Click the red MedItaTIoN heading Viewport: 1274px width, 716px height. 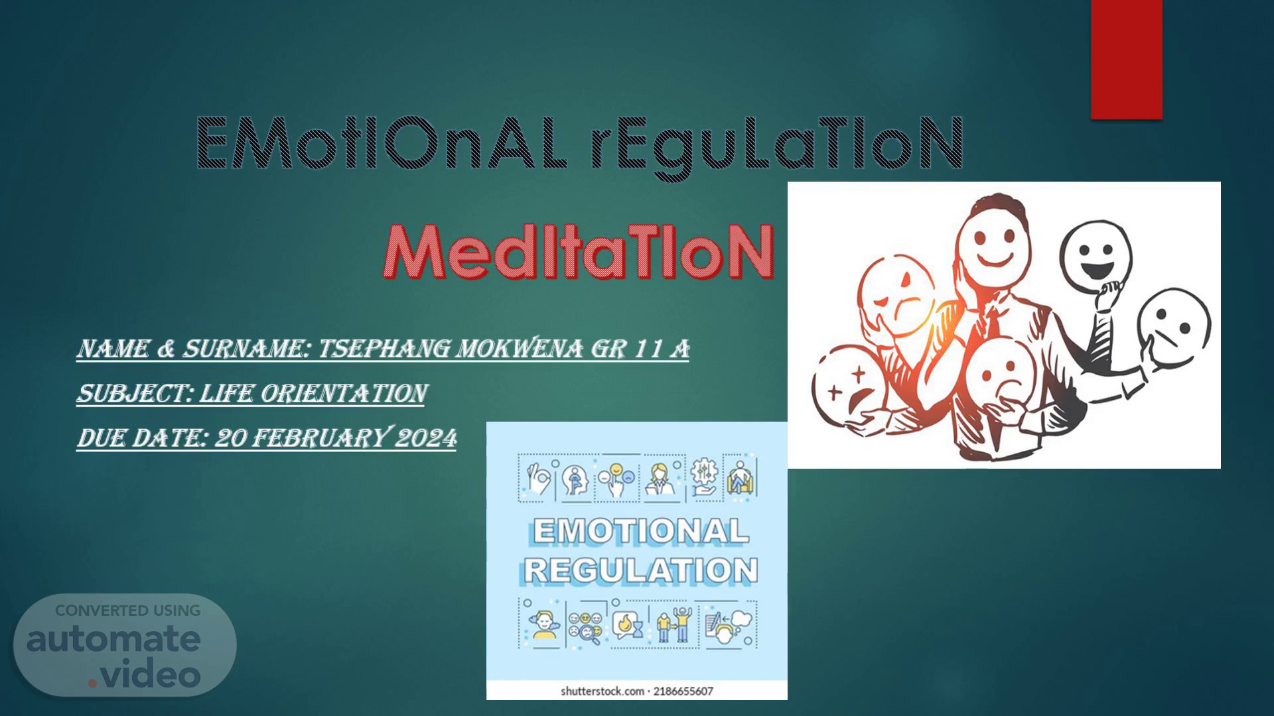pos(579,252)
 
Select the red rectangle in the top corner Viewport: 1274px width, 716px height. pos(1127,60)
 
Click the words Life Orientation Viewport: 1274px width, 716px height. pos(313,394)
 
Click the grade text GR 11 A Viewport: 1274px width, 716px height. pos(640,349)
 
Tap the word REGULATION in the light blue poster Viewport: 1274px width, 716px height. pos(640,570)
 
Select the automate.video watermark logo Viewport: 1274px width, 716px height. pos(125,644)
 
